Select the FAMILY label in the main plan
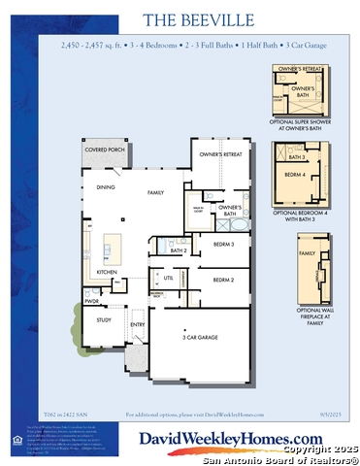coord(155,193)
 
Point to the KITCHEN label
coord(108,272)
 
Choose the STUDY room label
coord(104,318)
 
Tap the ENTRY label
coord(138,324)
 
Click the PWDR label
coord(92,301)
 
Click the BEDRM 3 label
coord(225,244)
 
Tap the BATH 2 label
coord(178,250)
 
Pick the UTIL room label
coord(168,278)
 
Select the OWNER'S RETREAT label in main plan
coord(220,154)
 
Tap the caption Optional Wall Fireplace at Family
coord(307,315)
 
